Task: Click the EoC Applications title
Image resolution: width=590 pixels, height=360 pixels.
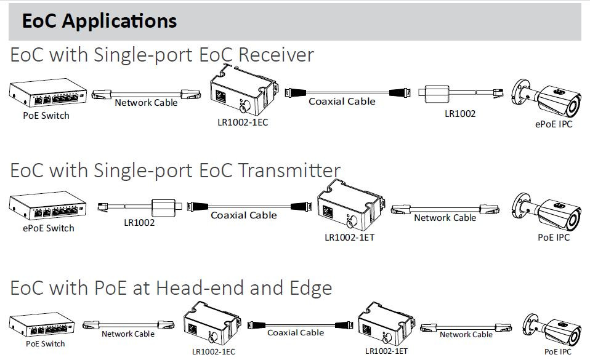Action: point(99,21)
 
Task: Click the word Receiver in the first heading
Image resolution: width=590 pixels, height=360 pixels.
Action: point(276,55)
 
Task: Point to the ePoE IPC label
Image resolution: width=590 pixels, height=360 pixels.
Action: point(554,124)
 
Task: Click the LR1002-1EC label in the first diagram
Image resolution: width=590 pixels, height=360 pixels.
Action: point(243,122)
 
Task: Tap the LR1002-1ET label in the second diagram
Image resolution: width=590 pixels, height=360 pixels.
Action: point(349,237)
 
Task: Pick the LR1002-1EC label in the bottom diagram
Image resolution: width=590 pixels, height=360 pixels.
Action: point(213,351)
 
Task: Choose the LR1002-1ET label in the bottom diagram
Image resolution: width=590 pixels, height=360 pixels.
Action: point(386,351)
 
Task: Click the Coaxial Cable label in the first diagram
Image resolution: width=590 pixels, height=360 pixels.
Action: point(342,101)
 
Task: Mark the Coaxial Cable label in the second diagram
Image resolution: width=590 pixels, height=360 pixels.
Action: point(244,215)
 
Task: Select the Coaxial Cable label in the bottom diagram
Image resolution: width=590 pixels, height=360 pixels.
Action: point(296,332)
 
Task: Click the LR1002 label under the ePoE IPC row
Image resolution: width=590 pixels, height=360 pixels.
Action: point(460,114)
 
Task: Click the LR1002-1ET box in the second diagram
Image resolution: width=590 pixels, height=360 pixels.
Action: point(350,206)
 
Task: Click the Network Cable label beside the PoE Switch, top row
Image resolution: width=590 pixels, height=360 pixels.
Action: point(146,103)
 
